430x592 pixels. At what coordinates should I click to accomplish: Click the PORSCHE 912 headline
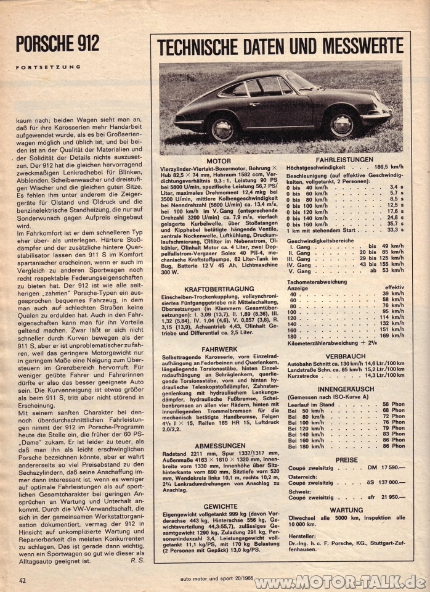point(57,44)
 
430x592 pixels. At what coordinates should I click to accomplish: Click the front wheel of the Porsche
point(341,125)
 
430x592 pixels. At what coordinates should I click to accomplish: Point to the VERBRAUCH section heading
point(347,356)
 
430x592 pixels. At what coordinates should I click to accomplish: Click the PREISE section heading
point(347,460)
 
